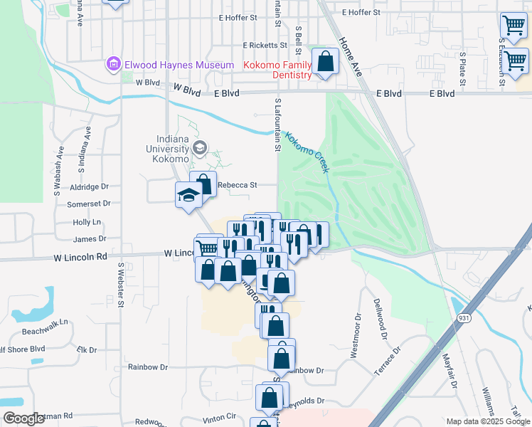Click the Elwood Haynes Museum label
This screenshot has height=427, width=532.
tap(179, 65)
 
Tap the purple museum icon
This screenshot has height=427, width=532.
tap(112, 65)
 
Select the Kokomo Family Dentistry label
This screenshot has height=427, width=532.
tap(278, 70)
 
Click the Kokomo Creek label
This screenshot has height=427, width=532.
tap(307, 152)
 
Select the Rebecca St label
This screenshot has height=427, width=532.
tap(236, 184)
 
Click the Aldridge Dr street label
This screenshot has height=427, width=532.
tap(90, 186)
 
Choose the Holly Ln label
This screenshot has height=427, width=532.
tap(87, 222)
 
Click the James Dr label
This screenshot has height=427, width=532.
tap(89, 239)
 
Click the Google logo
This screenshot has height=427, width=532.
tap(23, 418)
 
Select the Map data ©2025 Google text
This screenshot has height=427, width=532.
tap(487, 421)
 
